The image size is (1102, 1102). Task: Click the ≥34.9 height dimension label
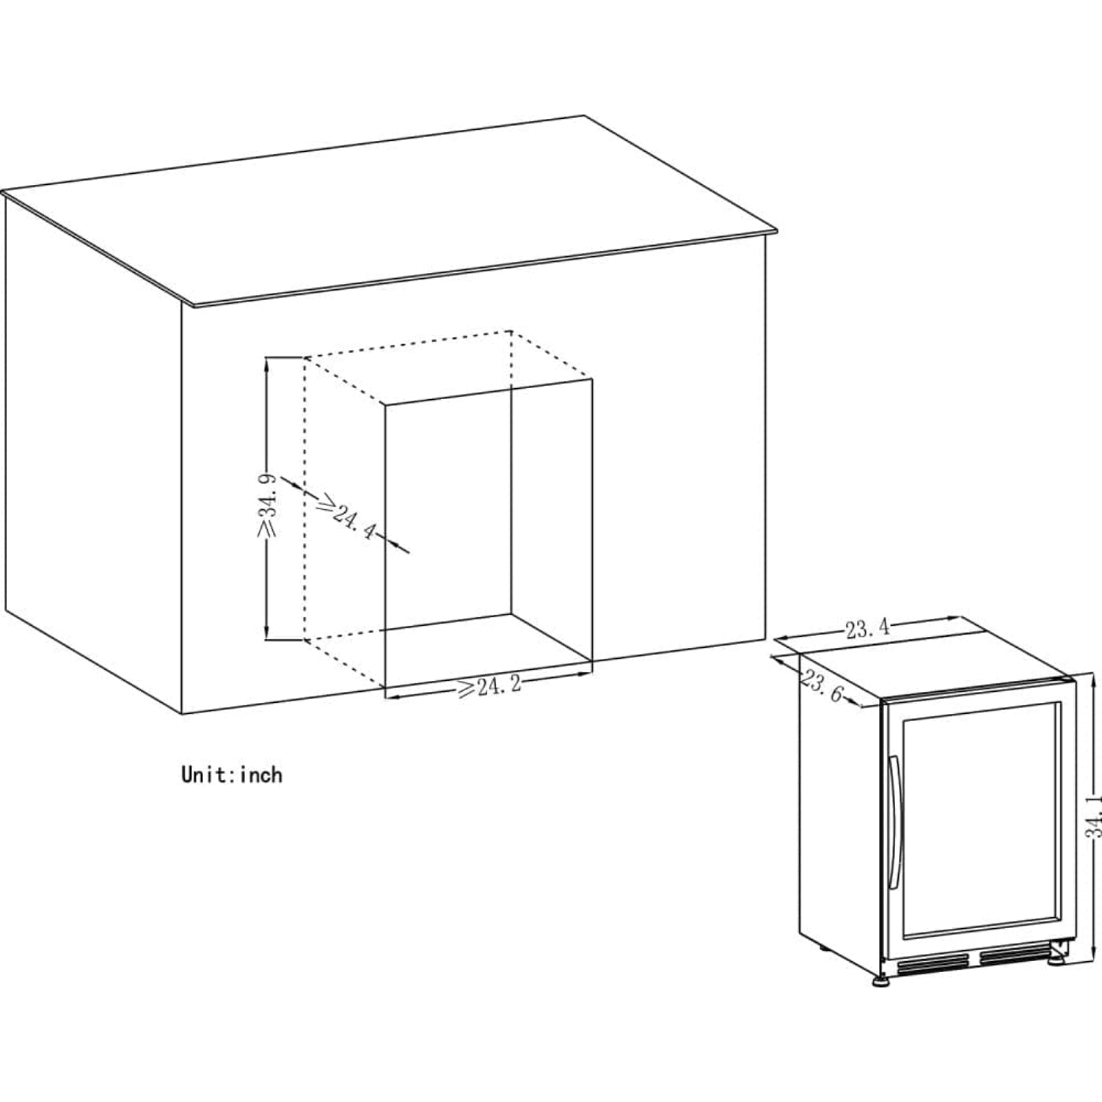tap(266, 505)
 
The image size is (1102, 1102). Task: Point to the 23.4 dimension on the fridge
tap(868, 629)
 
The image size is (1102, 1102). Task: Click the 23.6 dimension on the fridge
tap(823, 686)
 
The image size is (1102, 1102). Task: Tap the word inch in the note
tap(261, 775)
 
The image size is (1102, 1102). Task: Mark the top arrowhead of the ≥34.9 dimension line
tap(268, 361)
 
